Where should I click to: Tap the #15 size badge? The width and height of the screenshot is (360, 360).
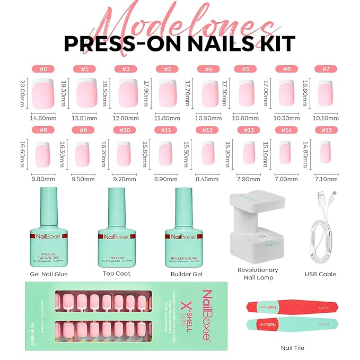[x=326, y=130]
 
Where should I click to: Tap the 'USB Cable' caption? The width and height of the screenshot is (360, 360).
[x=320, y=274]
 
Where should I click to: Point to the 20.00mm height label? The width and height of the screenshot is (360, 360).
[x=22, y=92]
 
